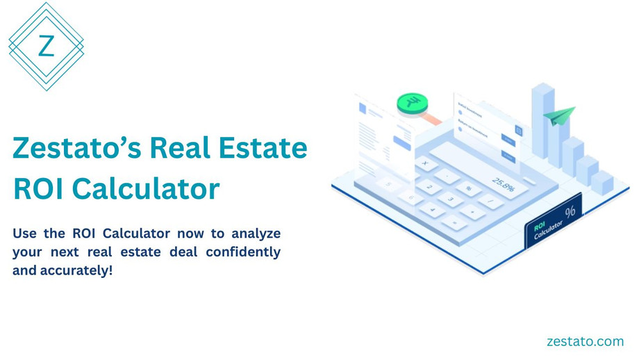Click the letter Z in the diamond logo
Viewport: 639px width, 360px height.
coord(46,47)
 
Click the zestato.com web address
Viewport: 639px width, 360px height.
coord(585,341)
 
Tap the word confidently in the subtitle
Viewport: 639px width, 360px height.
coord(243,252)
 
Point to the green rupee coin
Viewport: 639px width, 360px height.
coord(412,105)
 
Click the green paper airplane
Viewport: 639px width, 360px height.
coord(559,115)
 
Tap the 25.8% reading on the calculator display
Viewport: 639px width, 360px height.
coord(504,184)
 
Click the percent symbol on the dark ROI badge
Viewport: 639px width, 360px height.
coord(570,211)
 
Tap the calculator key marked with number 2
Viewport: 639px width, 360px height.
coord(429,187)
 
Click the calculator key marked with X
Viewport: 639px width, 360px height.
coord(424,164)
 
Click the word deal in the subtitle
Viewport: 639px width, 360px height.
coord(184,252)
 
